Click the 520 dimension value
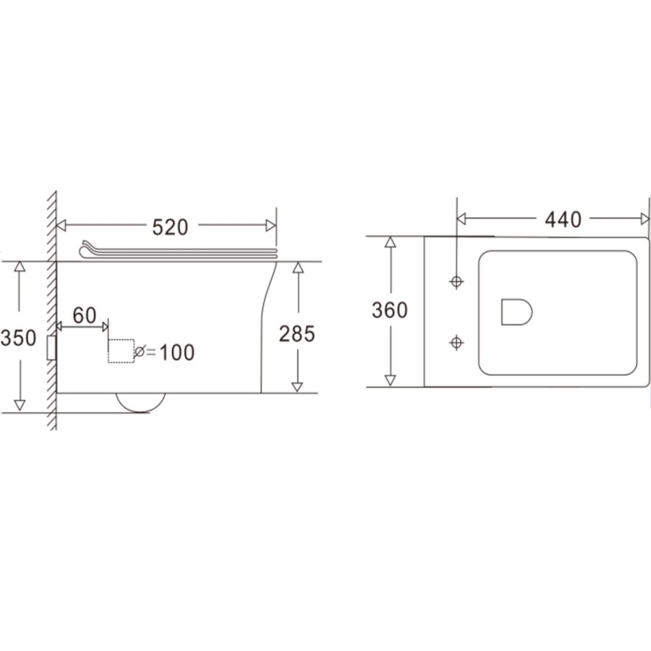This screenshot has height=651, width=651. [x=170, y=226]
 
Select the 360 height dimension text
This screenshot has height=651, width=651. [x=390, y=310]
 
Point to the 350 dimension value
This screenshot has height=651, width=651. [x=18, y=338]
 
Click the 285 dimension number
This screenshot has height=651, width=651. [x=297, y=333]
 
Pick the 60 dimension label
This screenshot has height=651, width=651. [x=85, y=315]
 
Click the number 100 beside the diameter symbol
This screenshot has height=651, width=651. [x=176, y=352]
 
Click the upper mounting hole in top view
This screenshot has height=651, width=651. [x=456, y=281]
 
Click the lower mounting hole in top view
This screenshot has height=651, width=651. [x=456, y=341]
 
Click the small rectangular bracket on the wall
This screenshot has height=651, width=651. [x=51, y=348]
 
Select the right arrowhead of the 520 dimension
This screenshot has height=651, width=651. [x=271, y=226]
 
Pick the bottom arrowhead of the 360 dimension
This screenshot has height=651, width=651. [x=391, y=380]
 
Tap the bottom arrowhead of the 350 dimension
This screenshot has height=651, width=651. [x=20, y=406]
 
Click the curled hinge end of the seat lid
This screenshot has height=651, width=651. [x=85, y=249]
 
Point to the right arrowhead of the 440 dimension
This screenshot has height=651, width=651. [x=644, y=218]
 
